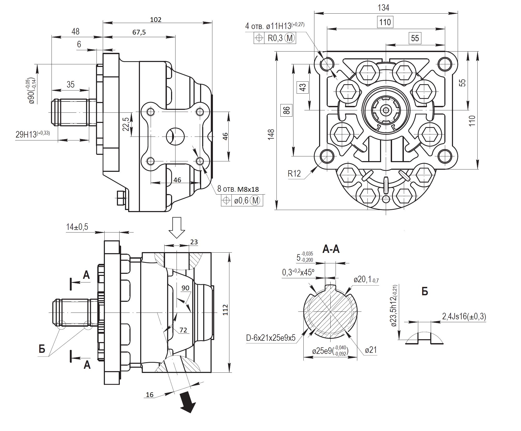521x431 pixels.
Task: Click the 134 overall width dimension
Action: click(383, 8)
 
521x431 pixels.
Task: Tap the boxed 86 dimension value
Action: click(287, 110)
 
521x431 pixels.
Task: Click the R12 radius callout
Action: click(294, 173)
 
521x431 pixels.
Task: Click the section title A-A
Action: click(331, 249)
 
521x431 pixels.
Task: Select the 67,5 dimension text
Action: click(139, 32)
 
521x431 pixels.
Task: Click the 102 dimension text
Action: click(156, 20)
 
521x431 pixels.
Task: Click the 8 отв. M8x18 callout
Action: click(238, 189)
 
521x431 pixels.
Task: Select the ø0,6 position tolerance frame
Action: click(242, 201)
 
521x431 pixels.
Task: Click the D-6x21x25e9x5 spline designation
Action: click(271, 338)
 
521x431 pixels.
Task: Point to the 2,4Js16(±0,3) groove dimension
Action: click(464, 317)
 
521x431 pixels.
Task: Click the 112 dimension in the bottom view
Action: click(226, 310)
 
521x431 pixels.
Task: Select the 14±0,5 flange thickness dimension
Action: click(77, 227)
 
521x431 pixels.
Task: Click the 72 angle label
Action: click(183, 330)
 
